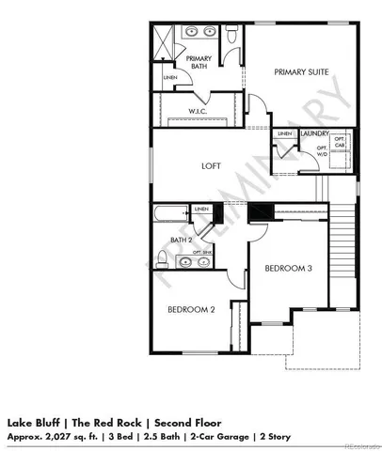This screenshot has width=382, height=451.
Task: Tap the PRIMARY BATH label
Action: pyautogui.click(x=199, y=62)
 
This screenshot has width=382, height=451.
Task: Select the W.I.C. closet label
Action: pyautogui.click(x=198, y=111)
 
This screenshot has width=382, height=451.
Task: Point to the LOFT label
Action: pyautogui.click(x=211, y=165)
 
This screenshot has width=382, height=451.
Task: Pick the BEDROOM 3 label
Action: pyautogui.click(x=287, y=269)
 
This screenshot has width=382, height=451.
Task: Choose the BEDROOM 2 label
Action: pyautogui.click(x=192, y=309)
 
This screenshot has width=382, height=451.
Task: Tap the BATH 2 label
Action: pyautogui.click(x=182, y=241)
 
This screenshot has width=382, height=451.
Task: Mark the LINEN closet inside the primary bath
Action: pyautogui.click(x=170, y=77)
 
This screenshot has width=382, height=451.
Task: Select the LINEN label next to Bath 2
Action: pyautogui.click(x=200, y=209)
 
